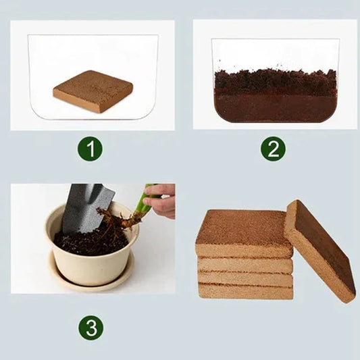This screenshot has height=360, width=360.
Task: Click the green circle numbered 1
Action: point(90,148)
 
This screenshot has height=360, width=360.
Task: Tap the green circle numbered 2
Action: point(273,148)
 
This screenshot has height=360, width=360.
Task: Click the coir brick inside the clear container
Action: point(93,91)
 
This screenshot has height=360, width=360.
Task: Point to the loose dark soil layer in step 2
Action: point(275,81)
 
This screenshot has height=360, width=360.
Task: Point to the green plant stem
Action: point(143,203)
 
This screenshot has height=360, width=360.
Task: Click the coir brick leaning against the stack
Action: point(319,250)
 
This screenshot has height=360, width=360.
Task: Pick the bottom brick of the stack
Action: point(245,290)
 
